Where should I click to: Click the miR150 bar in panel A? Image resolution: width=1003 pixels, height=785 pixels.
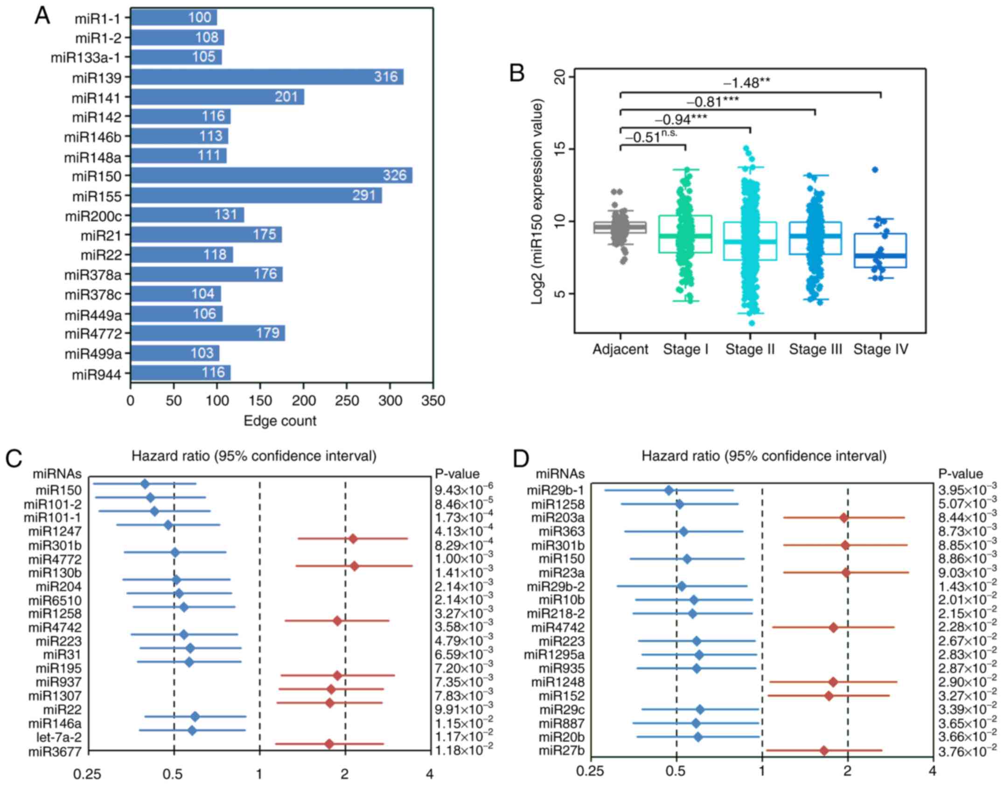(271, 176)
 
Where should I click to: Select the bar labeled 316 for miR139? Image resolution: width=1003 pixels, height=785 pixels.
(266, 77)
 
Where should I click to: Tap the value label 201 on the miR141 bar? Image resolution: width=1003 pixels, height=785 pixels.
(286, 97)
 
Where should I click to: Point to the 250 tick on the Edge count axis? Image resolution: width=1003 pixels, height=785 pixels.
(347, 401)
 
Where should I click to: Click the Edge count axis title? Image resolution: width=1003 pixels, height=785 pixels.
(280, 421)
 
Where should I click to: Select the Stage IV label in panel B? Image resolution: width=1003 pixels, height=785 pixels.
(881, 349)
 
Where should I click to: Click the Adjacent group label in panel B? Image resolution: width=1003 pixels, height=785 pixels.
(620, 349)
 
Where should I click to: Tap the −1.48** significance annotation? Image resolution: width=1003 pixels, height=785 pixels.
(746, 83)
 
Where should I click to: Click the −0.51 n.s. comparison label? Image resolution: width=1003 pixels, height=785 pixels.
(651, 137)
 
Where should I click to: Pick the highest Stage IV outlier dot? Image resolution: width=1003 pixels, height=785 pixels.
(875, 170)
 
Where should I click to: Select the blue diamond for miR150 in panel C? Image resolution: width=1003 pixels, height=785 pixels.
(145, 484)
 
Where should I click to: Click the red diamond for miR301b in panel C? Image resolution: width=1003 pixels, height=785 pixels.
(353, 539)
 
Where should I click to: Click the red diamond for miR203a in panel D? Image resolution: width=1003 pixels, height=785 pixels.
(843, 517)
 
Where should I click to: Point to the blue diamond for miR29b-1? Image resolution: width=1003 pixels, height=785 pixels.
(669, 490)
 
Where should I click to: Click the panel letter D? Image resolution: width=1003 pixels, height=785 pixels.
(521, 460)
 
